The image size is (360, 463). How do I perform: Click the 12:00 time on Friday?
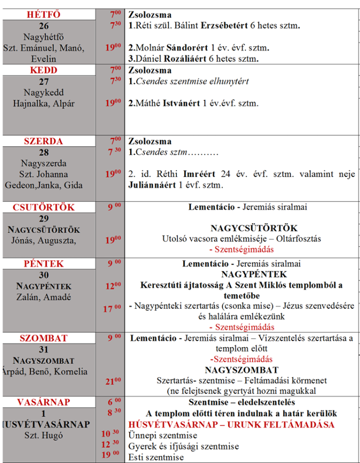(x=113, y=286)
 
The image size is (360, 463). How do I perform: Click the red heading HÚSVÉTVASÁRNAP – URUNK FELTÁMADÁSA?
(x=232, y=425)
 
